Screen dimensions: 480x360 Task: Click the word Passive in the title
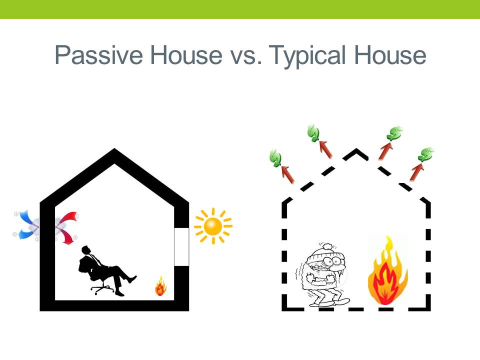(x=99, y=55)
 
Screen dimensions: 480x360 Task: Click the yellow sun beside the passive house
(x=213, y=226)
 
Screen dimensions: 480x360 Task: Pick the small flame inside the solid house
(x=160, y=286)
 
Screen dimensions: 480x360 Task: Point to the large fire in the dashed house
(x=387, y=272)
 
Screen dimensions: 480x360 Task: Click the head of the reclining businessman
(x=85, y=250)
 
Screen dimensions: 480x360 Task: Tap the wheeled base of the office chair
(x=102, y=288)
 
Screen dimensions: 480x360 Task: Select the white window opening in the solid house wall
(x=181, y=246)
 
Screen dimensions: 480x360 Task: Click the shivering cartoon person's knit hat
(x=325, y=253)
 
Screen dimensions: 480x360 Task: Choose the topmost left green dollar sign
(x=313, y=133)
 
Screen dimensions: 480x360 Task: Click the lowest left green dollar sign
(x=276, y=158)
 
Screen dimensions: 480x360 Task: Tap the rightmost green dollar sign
(x=426, y=154)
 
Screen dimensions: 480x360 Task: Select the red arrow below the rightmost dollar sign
(x=417, y=172)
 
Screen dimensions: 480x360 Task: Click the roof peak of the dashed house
(x=355, y=149)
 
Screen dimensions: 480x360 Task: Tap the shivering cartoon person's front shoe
(x=340, y=301)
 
